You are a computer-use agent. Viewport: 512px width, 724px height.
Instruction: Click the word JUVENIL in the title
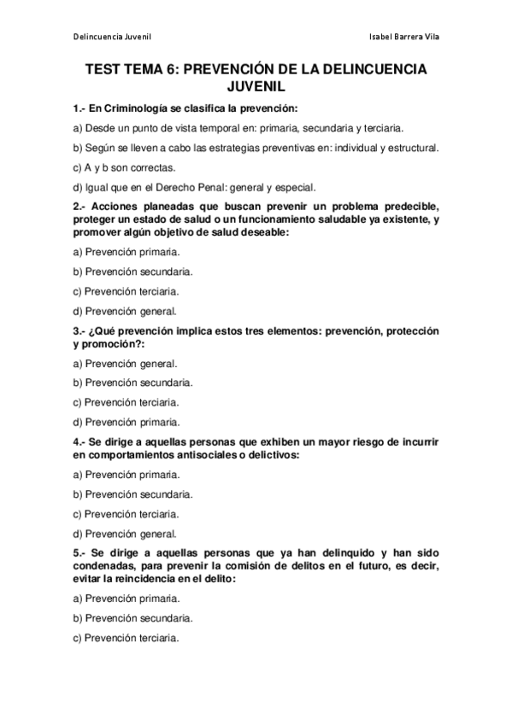tap(256, 86)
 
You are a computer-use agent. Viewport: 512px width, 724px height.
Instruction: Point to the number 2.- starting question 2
tap(82, 207)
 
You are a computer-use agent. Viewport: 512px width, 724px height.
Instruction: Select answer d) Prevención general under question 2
tap(125, 311)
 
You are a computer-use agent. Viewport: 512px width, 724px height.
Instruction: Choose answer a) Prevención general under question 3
tap(125, 363)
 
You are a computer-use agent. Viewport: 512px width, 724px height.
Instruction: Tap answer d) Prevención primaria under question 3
tap(127, 422)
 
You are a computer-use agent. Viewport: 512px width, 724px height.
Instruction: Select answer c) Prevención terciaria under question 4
tap(126, 514)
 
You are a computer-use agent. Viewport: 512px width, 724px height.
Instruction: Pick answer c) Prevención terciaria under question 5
tap(126, 638)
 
